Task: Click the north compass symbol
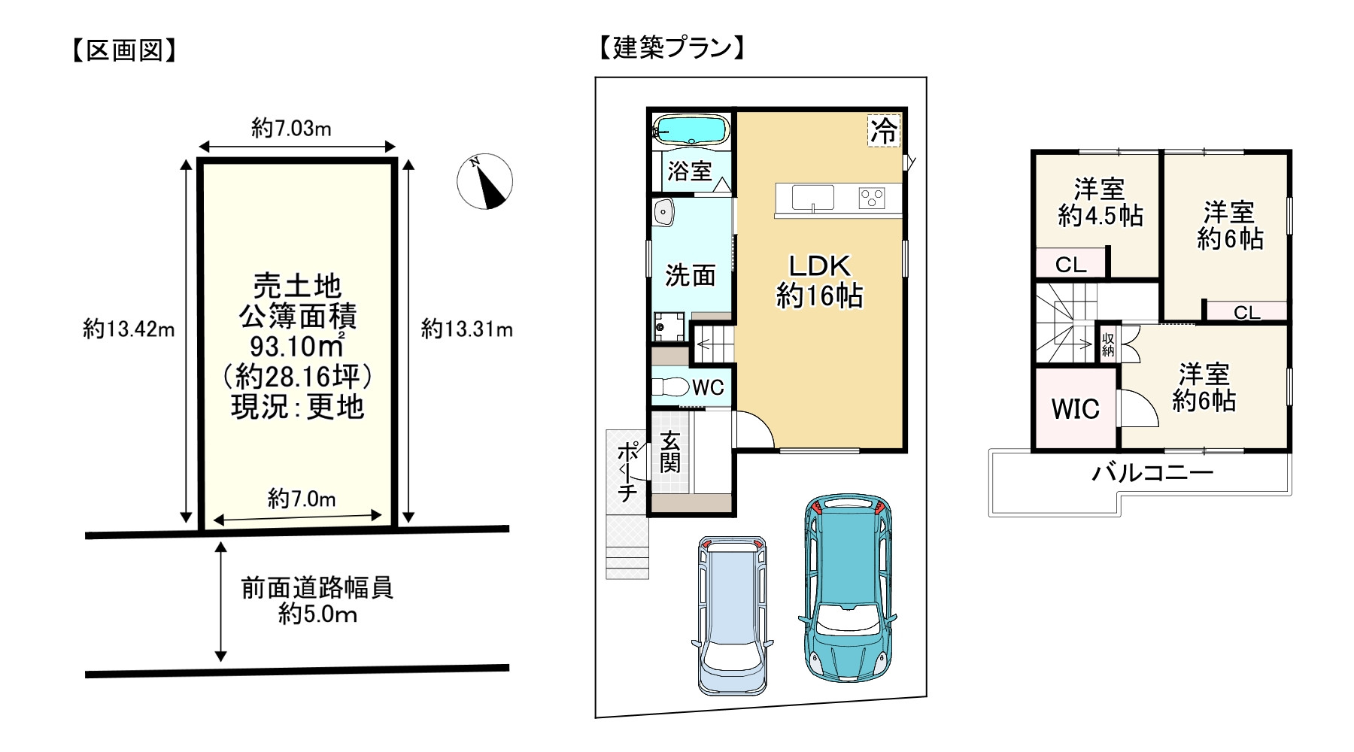[484, 181]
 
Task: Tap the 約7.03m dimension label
[291, 129]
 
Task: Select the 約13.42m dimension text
[129, 329]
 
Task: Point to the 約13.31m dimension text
[466, 329]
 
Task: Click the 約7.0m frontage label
[301, 499]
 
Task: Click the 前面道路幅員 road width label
[317, 587]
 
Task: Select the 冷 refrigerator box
[884, 130]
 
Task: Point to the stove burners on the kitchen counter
[872, 199]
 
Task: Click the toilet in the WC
[669, 387]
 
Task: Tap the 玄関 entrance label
[669, 451]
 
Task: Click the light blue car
[731, 614]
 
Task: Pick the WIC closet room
[1074, 410]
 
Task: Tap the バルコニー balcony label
[1152, 473]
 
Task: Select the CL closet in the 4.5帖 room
[1070, 265]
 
